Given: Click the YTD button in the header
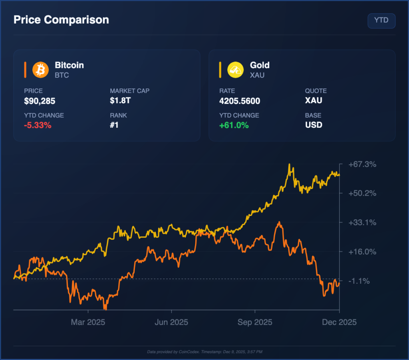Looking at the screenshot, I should pyautogui.click(x=381, y=21).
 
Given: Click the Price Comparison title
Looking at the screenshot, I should pyautogui.click(x=61, y=20).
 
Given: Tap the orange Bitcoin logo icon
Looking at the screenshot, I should pyautogui.click(x=40, y=69).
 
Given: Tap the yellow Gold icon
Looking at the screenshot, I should pyautogui.click(x=235, y=69).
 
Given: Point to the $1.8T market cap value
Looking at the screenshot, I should pyautogui.click(x=120, y=101).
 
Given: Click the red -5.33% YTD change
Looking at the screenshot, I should pyautogui.click(x=38, y=125).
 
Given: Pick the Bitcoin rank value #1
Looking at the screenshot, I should pyautogui.click(x=114, y=125).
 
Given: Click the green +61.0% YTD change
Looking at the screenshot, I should pyautogui.click(x=234, y=125).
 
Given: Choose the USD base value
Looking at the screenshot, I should pyautogui.click(x=314, y=125).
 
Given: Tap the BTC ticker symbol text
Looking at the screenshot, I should pyautogui.click(x=62, y=75).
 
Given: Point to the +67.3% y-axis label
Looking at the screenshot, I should pyautogui.click(x=362, y=164).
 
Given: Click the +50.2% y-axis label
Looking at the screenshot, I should pyautogui.click(x=362, y=193).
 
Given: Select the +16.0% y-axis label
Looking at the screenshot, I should pyautogui.click(x=362, y=252).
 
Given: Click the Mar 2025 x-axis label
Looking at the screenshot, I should pyautogui.click(x=88, y=322).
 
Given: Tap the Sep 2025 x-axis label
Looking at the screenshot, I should pyautogui.click(x=255, y=322).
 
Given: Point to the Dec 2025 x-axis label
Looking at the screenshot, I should pyautogui.click(x=339, y=322).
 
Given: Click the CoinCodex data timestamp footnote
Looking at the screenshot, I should pyautogui.click(x=204, y=352).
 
